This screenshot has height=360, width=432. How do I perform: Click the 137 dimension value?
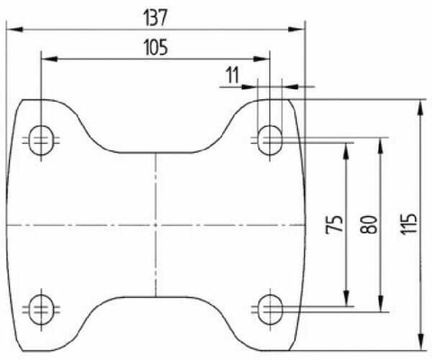click(155, 17)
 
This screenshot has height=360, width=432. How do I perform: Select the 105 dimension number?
click(156, 48)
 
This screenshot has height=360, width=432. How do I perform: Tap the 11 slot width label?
click(233, 75)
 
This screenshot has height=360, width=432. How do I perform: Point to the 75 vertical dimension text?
click(335, 224)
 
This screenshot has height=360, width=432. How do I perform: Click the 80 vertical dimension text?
click(369, 224)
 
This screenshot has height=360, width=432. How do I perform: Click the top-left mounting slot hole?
click(41, 140)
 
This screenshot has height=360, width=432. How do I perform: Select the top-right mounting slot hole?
click(270, 140)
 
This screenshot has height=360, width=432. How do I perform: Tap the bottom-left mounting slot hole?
click(41, 310)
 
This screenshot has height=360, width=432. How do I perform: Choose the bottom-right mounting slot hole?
click(270, 310)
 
